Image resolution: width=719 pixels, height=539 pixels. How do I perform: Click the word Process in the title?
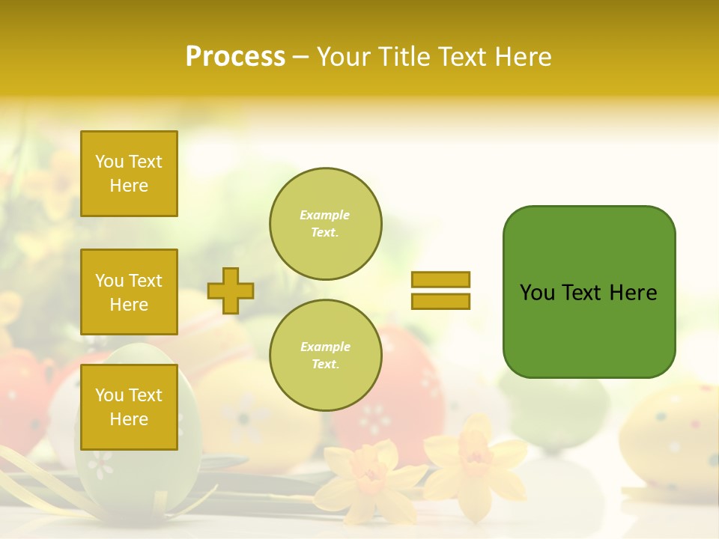[235, 57]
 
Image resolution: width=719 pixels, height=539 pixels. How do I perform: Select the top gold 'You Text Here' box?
[129, 174]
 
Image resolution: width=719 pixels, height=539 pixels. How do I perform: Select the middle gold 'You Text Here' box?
[129, 292]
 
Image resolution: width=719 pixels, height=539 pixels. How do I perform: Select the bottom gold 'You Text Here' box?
[129, 406]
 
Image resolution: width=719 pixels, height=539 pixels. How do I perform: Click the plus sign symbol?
[230, 290]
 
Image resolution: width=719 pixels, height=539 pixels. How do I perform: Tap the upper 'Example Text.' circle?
[325, 224]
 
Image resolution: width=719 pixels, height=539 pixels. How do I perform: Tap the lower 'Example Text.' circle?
[325, 356]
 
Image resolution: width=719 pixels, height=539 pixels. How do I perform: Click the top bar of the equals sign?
[440, 279]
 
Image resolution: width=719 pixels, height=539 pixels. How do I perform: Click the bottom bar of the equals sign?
[440, 301]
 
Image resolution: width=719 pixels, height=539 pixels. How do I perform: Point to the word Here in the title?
[524, 57]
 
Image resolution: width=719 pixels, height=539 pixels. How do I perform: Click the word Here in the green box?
[633, 293]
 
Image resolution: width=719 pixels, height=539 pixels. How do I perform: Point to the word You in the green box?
[537, 293]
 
